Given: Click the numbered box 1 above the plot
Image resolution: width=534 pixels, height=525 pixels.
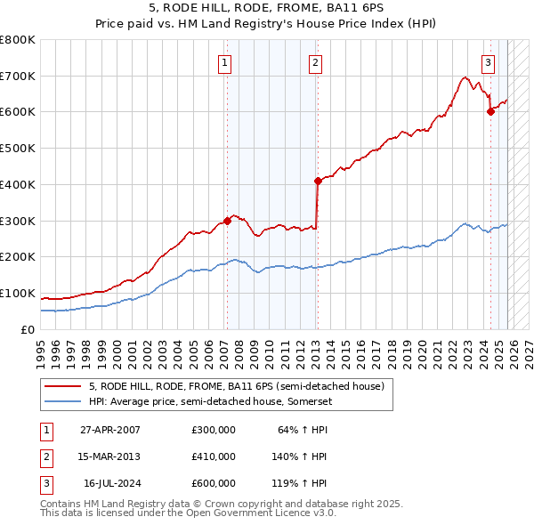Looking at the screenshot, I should click(x=226, y=62).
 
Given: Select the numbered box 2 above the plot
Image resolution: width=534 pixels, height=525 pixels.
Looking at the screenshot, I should click(x=316, y=62).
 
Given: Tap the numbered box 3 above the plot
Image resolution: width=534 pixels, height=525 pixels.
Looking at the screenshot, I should click(x=489, y=62).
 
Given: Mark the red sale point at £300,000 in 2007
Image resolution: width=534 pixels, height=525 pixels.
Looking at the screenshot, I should click(x=227, y=221).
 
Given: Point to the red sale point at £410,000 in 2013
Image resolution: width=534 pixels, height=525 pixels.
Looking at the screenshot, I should click(x=317, y=181).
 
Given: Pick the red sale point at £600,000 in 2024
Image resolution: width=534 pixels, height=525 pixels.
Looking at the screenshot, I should click(x=489, y=111).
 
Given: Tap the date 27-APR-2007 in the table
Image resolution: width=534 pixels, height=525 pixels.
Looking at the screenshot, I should click(x=110, y=431).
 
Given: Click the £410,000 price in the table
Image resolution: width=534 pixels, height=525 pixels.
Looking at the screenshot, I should click(x=214, y=456).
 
